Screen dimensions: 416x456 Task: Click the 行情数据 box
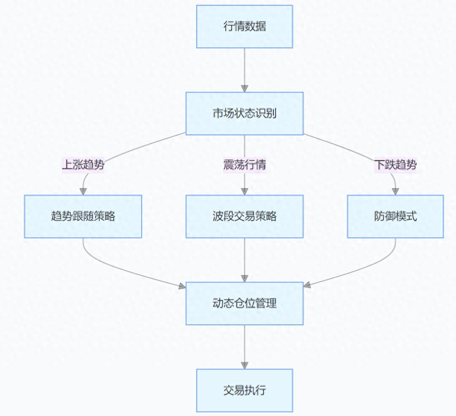[x=244, y=26]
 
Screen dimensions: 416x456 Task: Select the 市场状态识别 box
[x=244, y=113]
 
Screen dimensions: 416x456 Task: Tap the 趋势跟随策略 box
[x=83, y=216]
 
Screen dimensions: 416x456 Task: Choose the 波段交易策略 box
[x=244, y=216]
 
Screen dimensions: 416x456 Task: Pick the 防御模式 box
[x=395, y=216]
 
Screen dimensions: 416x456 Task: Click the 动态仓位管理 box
[x=244, y=303]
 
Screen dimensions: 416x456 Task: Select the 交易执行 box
[x=244, y=390]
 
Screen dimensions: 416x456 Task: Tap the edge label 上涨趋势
[x=83, y=165]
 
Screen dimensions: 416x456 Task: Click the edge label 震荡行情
[x=244, y=165]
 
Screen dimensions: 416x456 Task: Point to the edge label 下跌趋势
[x=395, y=165]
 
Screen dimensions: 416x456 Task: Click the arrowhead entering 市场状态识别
[x=244, y=88]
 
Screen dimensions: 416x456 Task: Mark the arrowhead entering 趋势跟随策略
[x=83, y=191]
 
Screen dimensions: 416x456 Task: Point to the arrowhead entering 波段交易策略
[x=244, y=191]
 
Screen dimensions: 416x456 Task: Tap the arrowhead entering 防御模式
[x=395, y=191]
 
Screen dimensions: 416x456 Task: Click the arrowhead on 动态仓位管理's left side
[x=182, y=286]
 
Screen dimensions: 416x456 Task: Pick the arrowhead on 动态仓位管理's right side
[x=307, y=285]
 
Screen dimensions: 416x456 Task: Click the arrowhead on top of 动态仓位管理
[x=244, y=278]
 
